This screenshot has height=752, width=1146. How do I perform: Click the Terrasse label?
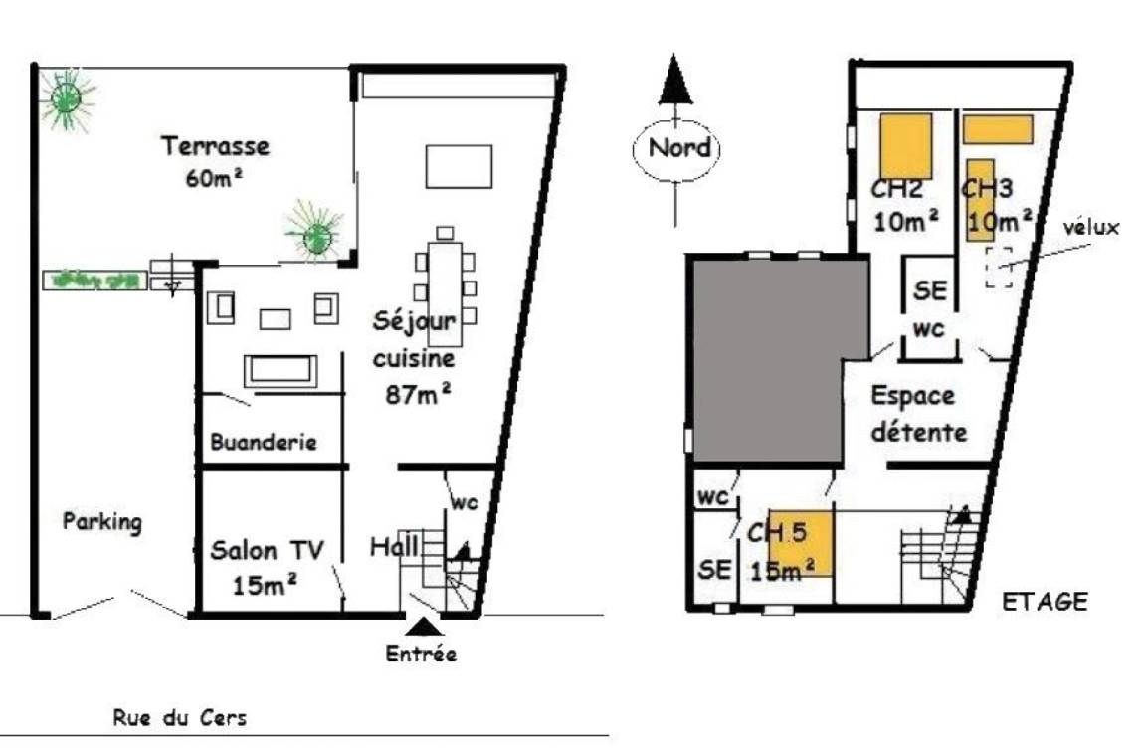pyautogui.click(x=215, y=146)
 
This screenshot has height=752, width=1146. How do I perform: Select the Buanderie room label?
pyautogui.click(x=263, y=442)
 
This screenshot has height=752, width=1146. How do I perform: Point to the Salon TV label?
pyautogui.click(x=267, y=550)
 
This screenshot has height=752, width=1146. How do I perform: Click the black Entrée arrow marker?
pyautogui.click(x=423, y=627)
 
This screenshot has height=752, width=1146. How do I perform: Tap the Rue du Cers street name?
pyautogui.click(x=180, y=717)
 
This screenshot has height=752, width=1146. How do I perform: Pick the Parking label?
pyautogui.click(x=102, y=522)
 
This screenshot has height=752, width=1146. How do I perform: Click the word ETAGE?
pyautogui.click(x=1045, y=602)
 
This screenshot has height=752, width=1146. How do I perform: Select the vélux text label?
pyautogui.click(x=1090, y=227)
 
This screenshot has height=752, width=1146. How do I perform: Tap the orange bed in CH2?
pyautogui.click(x=905, y=146)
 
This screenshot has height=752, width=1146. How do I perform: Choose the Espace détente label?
pyautogui.click(x=919, y=414)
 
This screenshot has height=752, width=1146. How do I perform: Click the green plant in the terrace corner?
pyautogui.click(x=67, y=97)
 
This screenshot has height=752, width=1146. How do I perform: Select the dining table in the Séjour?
pyautogui.click(x=445, y=293)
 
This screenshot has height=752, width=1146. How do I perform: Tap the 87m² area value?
pyautogui.click(x=418, y=394)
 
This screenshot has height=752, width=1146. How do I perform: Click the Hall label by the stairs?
pyautogui.click(x=394, y=546)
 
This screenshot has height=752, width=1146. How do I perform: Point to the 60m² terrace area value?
pyautogui.click(x=214, y=177)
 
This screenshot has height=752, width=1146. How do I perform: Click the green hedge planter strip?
pyautogui.click(x=95, y=280)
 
